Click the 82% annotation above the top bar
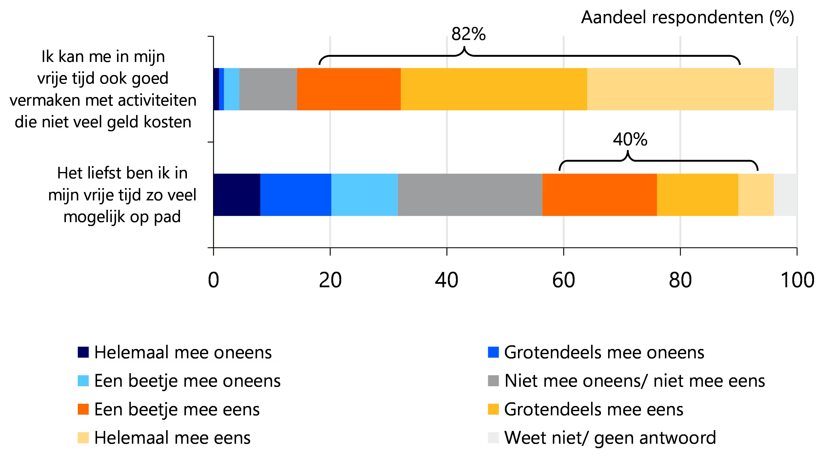click(x=468, y=34)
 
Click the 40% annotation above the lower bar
click(x=630, y=139)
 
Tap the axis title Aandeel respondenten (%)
click(x=687, y=18)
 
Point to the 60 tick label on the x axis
click(x=563, y=280)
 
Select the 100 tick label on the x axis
click(x=797, y=280)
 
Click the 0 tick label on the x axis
click(x=214, y=280)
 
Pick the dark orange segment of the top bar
click(x=349, y=89)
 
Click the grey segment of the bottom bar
click(x=470, y=195)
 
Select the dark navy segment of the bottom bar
click(x=237, y=195)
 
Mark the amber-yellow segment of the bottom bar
click(x=697, y=195)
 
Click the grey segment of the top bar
click(x=268, y=89)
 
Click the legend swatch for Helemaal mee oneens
click(x=83, y=352)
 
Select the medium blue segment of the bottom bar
click(x=296, y=195)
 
